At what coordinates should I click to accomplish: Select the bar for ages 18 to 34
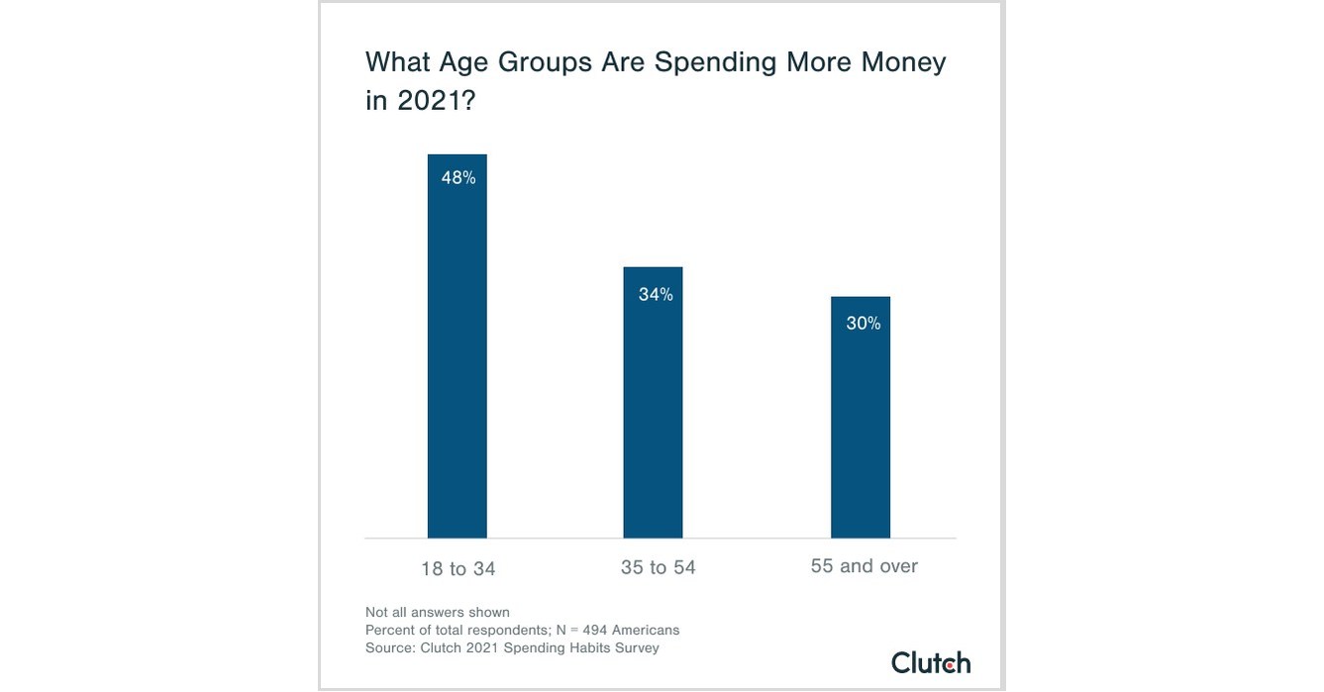457,356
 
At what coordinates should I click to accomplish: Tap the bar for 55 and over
860,426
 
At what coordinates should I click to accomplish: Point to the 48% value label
458,178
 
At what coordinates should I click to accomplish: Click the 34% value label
656,294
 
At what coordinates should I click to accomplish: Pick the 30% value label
863,324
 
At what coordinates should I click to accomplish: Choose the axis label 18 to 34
458,568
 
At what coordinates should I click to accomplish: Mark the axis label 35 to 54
658,567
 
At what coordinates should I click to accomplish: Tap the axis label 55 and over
864,566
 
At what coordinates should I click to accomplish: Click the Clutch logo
930,662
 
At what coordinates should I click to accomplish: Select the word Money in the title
899,62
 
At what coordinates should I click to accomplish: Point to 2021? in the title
437,101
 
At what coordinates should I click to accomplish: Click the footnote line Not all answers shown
437,612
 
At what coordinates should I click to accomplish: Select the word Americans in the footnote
646,630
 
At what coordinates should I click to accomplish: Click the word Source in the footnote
388,647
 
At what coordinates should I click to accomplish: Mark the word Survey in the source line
636,647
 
